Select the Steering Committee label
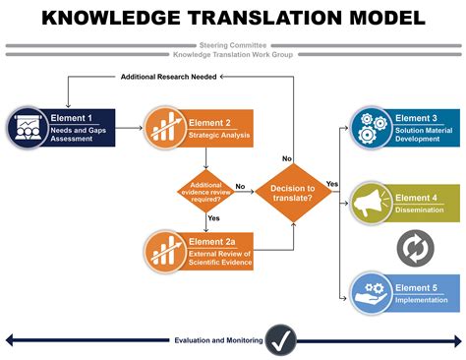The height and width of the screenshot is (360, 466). click(232, 44)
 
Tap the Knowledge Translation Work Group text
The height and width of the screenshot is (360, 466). click(232, 54)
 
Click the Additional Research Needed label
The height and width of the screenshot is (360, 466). click(168, 77)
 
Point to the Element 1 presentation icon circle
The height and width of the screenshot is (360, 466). click(27, 126)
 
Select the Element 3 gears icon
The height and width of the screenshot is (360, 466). click(370, 126)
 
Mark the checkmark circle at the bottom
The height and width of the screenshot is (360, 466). click(283, 340)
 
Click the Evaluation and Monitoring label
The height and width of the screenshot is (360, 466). click(217, 340)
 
